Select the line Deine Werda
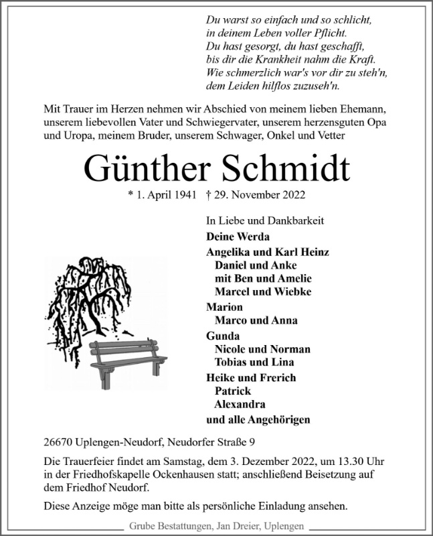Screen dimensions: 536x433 click(238, 237)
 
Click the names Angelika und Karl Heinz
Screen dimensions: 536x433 click(268, 252)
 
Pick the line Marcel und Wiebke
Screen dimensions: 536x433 click(262, 291)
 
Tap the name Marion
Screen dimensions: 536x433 click(224, 307)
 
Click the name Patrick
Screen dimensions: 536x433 click(232, 391)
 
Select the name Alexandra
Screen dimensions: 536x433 click(240, 404)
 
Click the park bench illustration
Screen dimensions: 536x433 click(127, 359)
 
